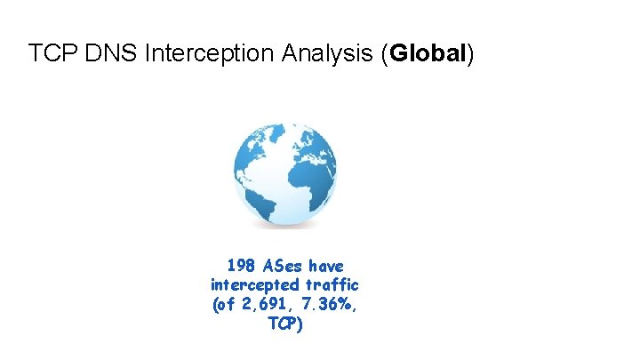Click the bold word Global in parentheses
click(x=428, y=53)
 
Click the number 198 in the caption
click(x=241, y=266)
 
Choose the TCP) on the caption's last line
click(x=284, y=324)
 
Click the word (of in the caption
click(x=222, y=305)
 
